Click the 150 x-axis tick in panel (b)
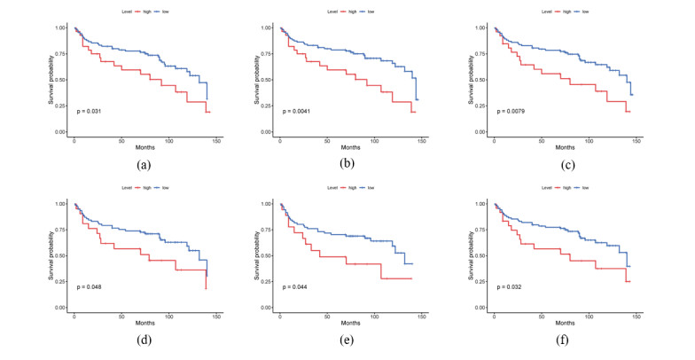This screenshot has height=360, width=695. pyautogui.click(x=422, y=141)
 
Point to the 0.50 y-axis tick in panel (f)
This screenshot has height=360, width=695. pyautogui.click(x=480, y=255)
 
